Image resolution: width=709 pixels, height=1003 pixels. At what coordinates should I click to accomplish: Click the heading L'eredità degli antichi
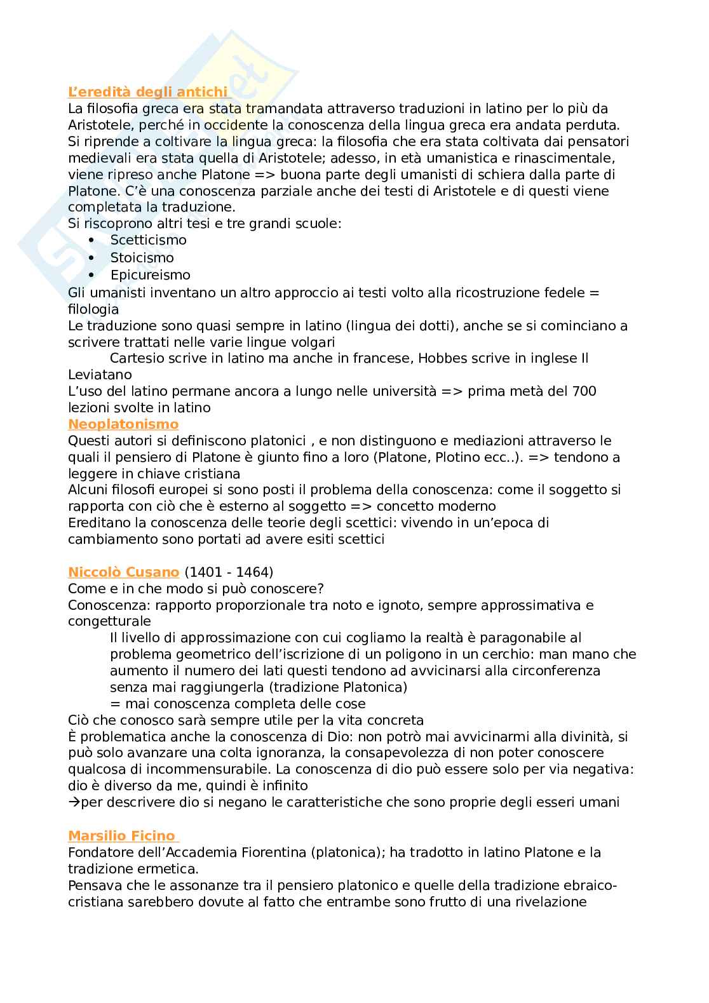pos(147,92)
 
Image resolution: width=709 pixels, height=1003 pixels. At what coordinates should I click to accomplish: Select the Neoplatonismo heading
pos(123,424)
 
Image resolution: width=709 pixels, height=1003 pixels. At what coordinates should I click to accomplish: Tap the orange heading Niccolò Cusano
pos(124,572)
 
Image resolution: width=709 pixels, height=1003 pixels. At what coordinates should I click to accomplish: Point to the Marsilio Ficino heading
pos(121,835)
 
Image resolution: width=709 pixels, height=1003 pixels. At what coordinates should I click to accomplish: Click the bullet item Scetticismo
pos(149,240)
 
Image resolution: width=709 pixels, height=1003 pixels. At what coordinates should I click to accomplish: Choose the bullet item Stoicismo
pos(142,257)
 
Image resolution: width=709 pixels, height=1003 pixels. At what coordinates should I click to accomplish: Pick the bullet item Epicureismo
pos(150,274)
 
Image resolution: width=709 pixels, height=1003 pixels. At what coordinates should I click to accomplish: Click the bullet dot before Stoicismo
pos(92,257)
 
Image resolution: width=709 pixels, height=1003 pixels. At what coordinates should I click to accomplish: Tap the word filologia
pos(93,309)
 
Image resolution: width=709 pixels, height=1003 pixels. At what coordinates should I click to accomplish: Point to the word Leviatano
pos(100,375)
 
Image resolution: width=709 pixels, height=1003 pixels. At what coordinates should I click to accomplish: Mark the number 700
pos(584,391)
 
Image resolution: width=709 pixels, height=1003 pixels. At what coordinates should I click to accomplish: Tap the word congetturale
pos(109,621)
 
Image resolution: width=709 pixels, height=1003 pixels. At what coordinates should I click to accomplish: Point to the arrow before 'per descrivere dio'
pos(73,802)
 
